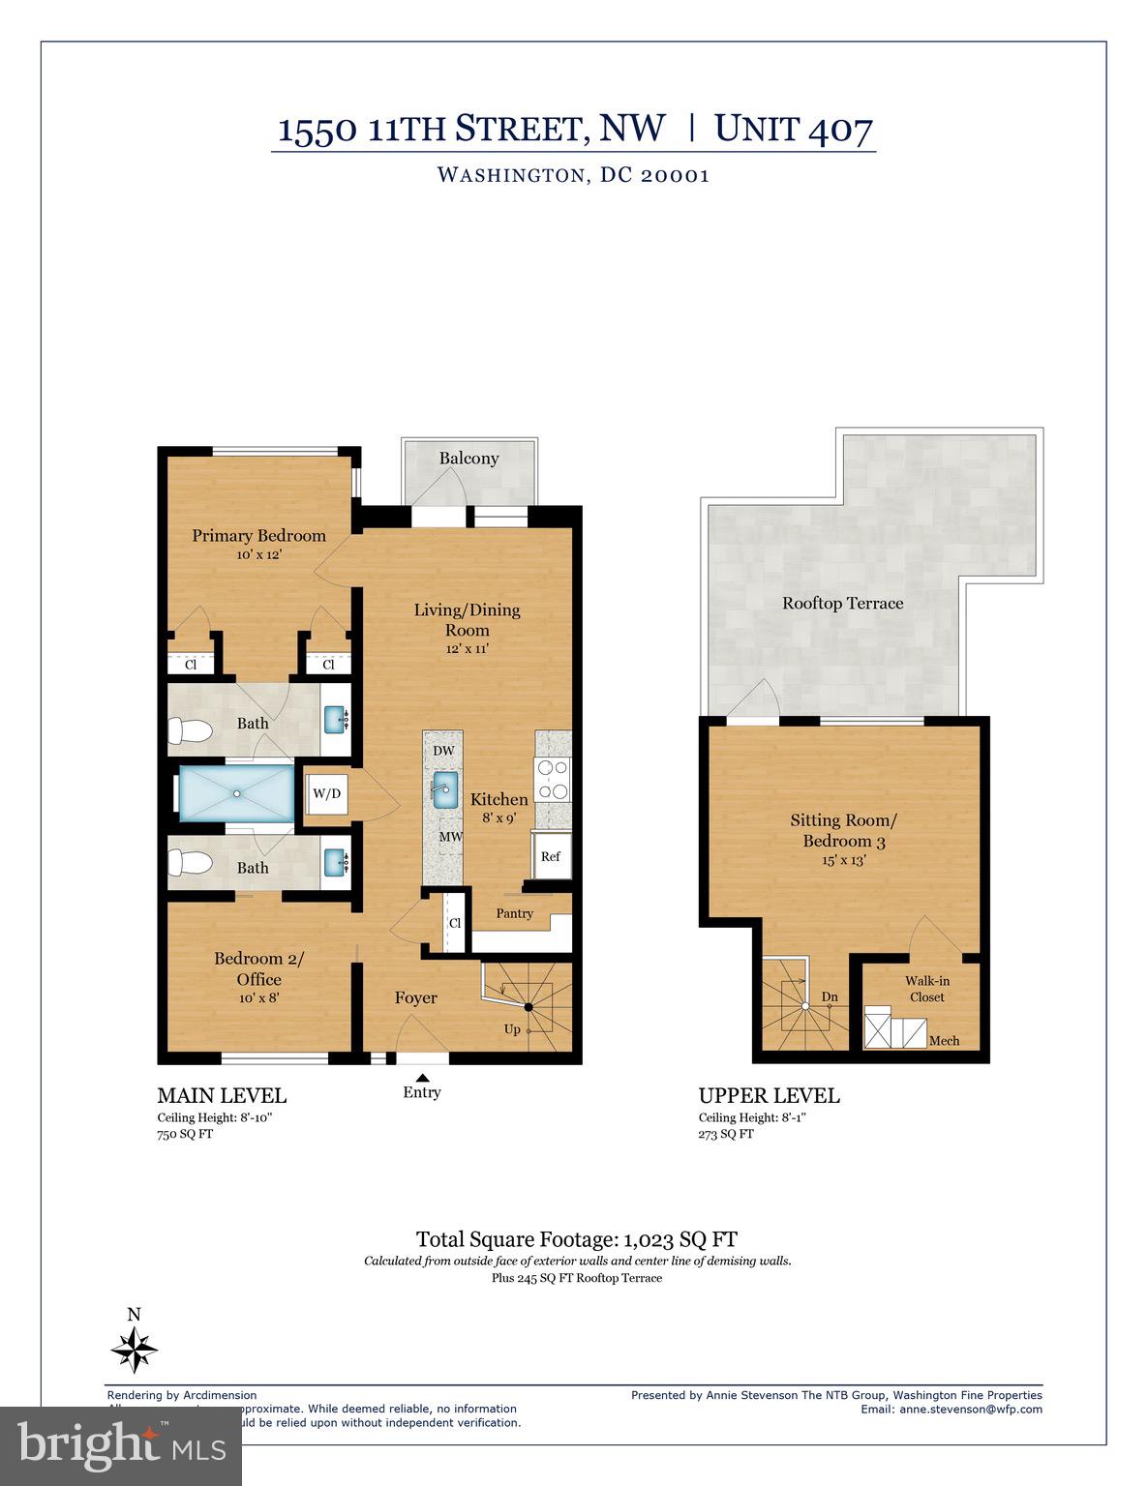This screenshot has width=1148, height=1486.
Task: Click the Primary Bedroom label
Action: pyautogui.click(x=258, y=535)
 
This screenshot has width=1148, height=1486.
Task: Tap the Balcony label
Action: pyautogui.click(x=468, y=459)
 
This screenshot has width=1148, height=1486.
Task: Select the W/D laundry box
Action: pyautogui.click(x=326, y=794)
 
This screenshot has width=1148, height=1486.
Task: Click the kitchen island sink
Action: pyautogui.click(x=443, y=788)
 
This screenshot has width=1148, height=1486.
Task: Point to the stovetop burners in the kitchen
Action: pyautogui.click(x=553, y=780)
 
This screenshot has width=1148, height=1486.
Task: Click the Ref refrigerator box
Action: pyautogui.click(x=550, y=856)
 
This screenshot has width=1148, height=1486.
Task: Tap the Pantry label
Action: pyautogui.click(x=514, y=913)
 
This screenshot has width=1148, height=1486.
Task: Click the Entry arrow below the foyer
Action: pyautogui.click(x=422, y=1078)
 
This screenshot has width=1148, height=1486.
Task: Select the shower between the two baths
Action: pyautogui.click(x=235, y=793)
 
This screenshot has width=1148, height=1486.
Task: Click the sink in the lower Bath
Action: pyautogui.click(x=335, y=861)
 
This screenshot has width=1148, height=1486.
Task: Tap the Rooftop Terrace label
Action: pyautogui.click(x=842, y=603)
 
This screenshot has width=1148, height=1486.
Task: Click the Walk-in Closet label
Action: pyautogui.click(x=926, y=989)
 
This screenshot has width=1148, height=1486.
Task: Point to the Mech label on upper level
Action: pyautogui.click(x=944, y=1040)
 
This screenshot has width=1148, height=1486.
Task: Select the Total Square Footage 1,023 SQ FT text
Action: pyautogui.click(x=576, y=1238)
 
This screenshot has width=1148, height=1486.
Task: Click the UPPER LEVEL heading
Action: pyautogui.click(x=769, y=1095)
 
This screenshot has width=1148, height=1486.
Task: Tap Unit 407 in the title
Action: pyautogui.click(x=793, y=129)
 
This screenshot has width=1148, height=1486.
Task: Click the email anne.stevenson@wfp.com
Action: pyautogui.click(x=970, y=1409)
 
